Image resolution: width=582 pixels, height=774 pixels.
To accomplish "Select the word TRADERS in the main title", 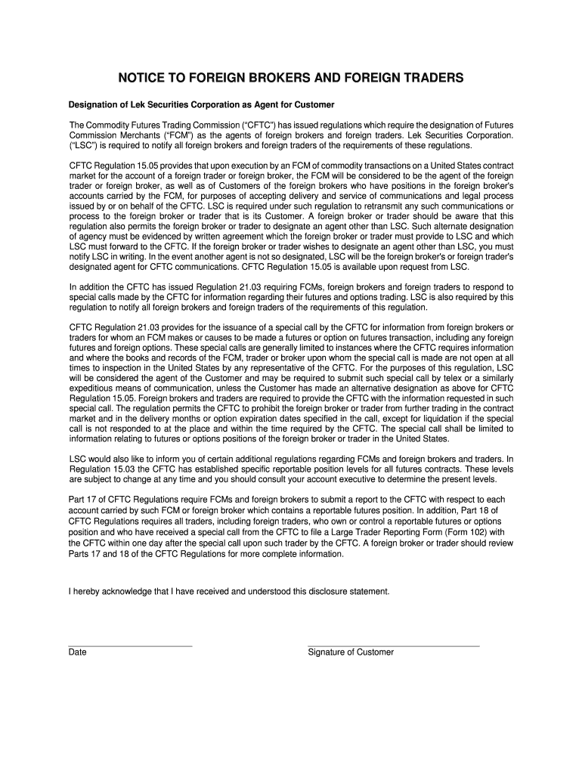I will (x=431, y=79).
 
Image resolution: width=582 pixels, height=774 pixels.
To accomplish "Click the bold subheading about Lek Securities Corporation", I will (x=202, y=104).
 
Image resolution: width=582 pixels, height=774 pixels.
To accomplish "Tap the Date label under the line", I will (x=77, y=652).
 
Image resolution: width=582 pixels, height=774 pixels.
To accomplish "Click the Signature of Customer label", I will (x=351, y=652).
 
